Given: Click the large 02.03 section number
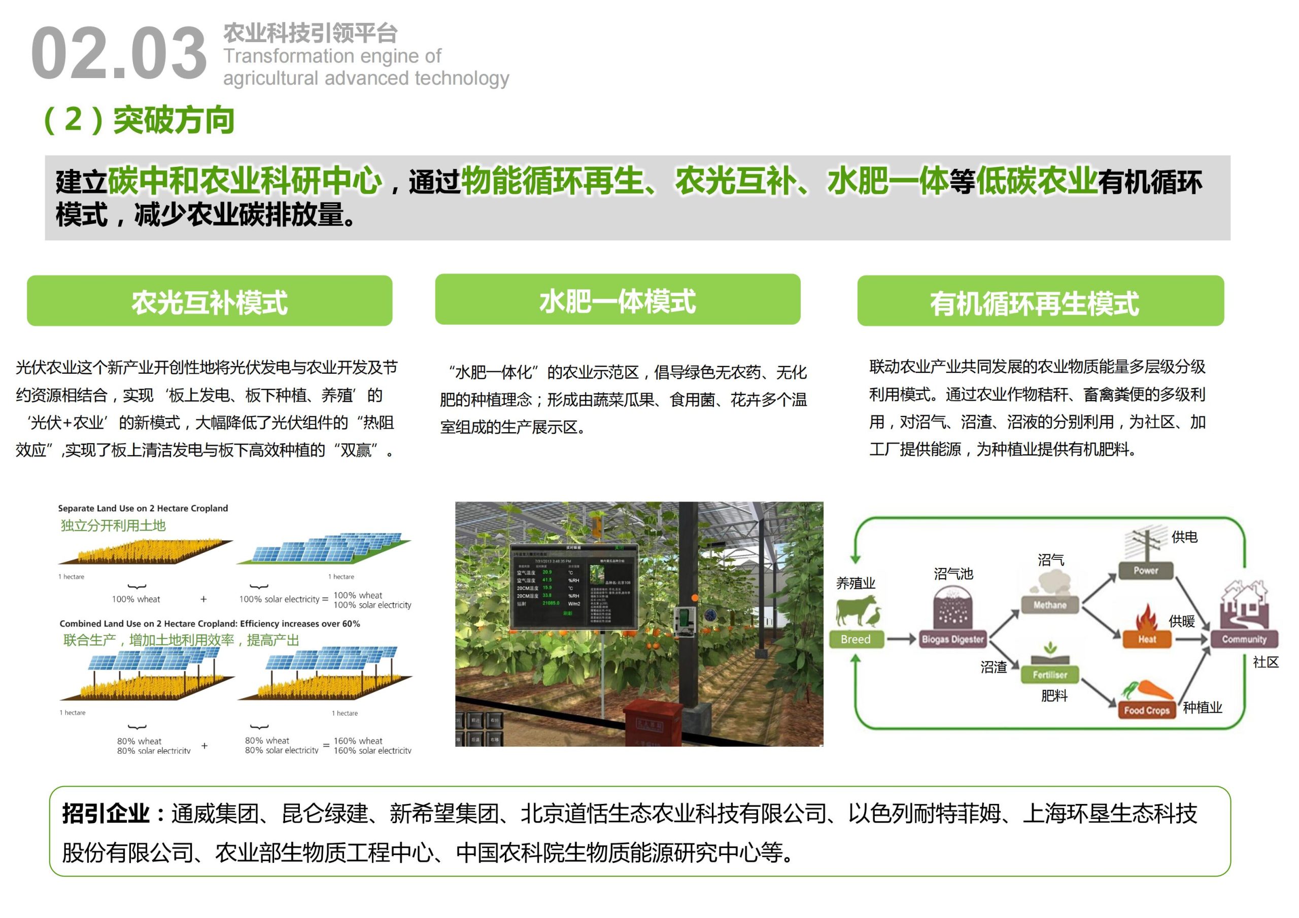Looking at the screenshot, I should point(119,54).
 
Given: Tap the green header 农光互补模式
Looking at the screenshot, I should point(210,301).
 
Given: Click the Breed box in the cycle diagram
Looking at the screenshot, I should point(855,639).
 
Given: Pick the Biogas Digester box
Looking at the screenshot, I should point(953,640).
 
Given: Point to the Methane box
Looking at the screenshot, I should point(1049,605).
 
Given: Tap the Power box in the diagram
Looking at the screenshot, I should point(1146,571).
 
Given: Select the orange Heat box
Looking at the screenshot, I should point(1147,639).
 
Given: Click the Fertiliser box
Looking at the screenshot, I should point(1049,675).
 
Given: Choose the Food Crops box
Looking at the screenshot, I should point(1146,710).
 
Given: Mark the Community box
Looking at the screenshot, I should point(1244,639).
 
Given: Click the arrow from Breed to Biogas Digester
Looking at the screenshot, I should point(901,640).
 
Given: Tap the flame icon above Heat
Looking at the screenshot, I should point(1147,617).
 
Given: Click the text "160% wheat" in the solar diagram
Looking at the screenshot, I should point(358,741).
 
